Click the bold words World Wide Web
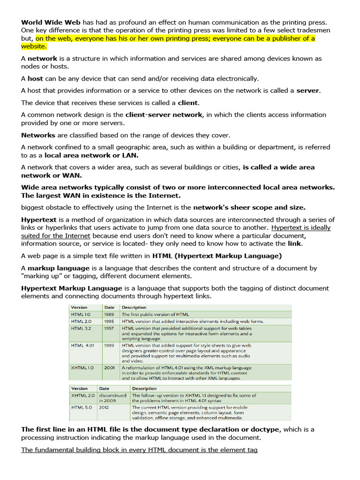pos(51,22)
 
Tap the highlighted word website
pos(34,46)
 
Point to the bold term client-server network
pos(164,115)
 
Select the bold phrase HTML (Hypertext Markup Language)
pos(217,256)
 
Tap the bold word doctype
pos(264,429)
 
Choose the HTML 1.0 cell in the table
pos(81,315)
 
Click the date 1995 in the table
pos(109,322)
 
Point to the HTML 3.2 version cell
pos(81,329)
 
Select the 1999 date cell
pos(109,345)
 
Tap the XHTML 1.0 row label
pos(82,368)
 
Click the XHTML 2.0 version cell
pos(82,396)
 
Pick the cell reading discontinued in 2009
pos(112,398)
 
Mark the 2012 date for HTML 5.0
pos(104,407)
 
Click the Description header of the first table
pos(134,307)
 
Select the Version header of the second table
pos(79,389)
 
